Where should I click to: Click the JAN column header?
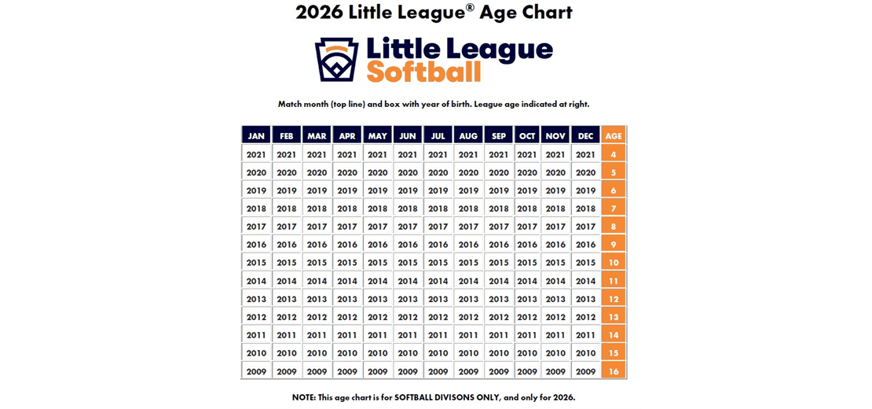pos(256,135)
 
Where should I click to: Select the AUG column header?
pos(468,135)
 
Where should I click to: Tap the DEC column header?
pos(585,135)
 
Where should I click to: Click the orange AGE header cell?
pos(614,135)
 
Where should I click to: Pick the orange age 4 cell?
pos(614,154)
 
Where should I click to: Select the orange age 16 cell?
pos(614,371)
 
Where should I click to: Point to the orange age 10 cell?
pos(614,263)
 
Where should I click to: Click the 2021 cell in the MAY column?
pos(377,154)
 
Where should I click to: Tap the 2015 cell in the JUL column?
pos(438,263)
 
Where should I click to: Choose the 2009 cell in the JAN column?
pos(256,371)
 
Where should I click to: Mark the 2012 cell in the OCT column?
pos(527,317)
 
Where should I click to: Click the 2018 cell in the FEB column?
pos(287,208)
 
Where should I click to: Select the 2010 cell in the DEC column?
pos(585,353)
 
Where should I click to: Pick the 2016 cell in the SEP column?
pos(499,245)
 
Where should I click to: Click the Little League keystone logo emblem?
pos(336,60)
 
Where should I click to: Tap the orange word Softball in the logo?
pos(423,72)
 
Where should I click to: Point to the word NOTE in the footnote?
pos(304,397)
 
